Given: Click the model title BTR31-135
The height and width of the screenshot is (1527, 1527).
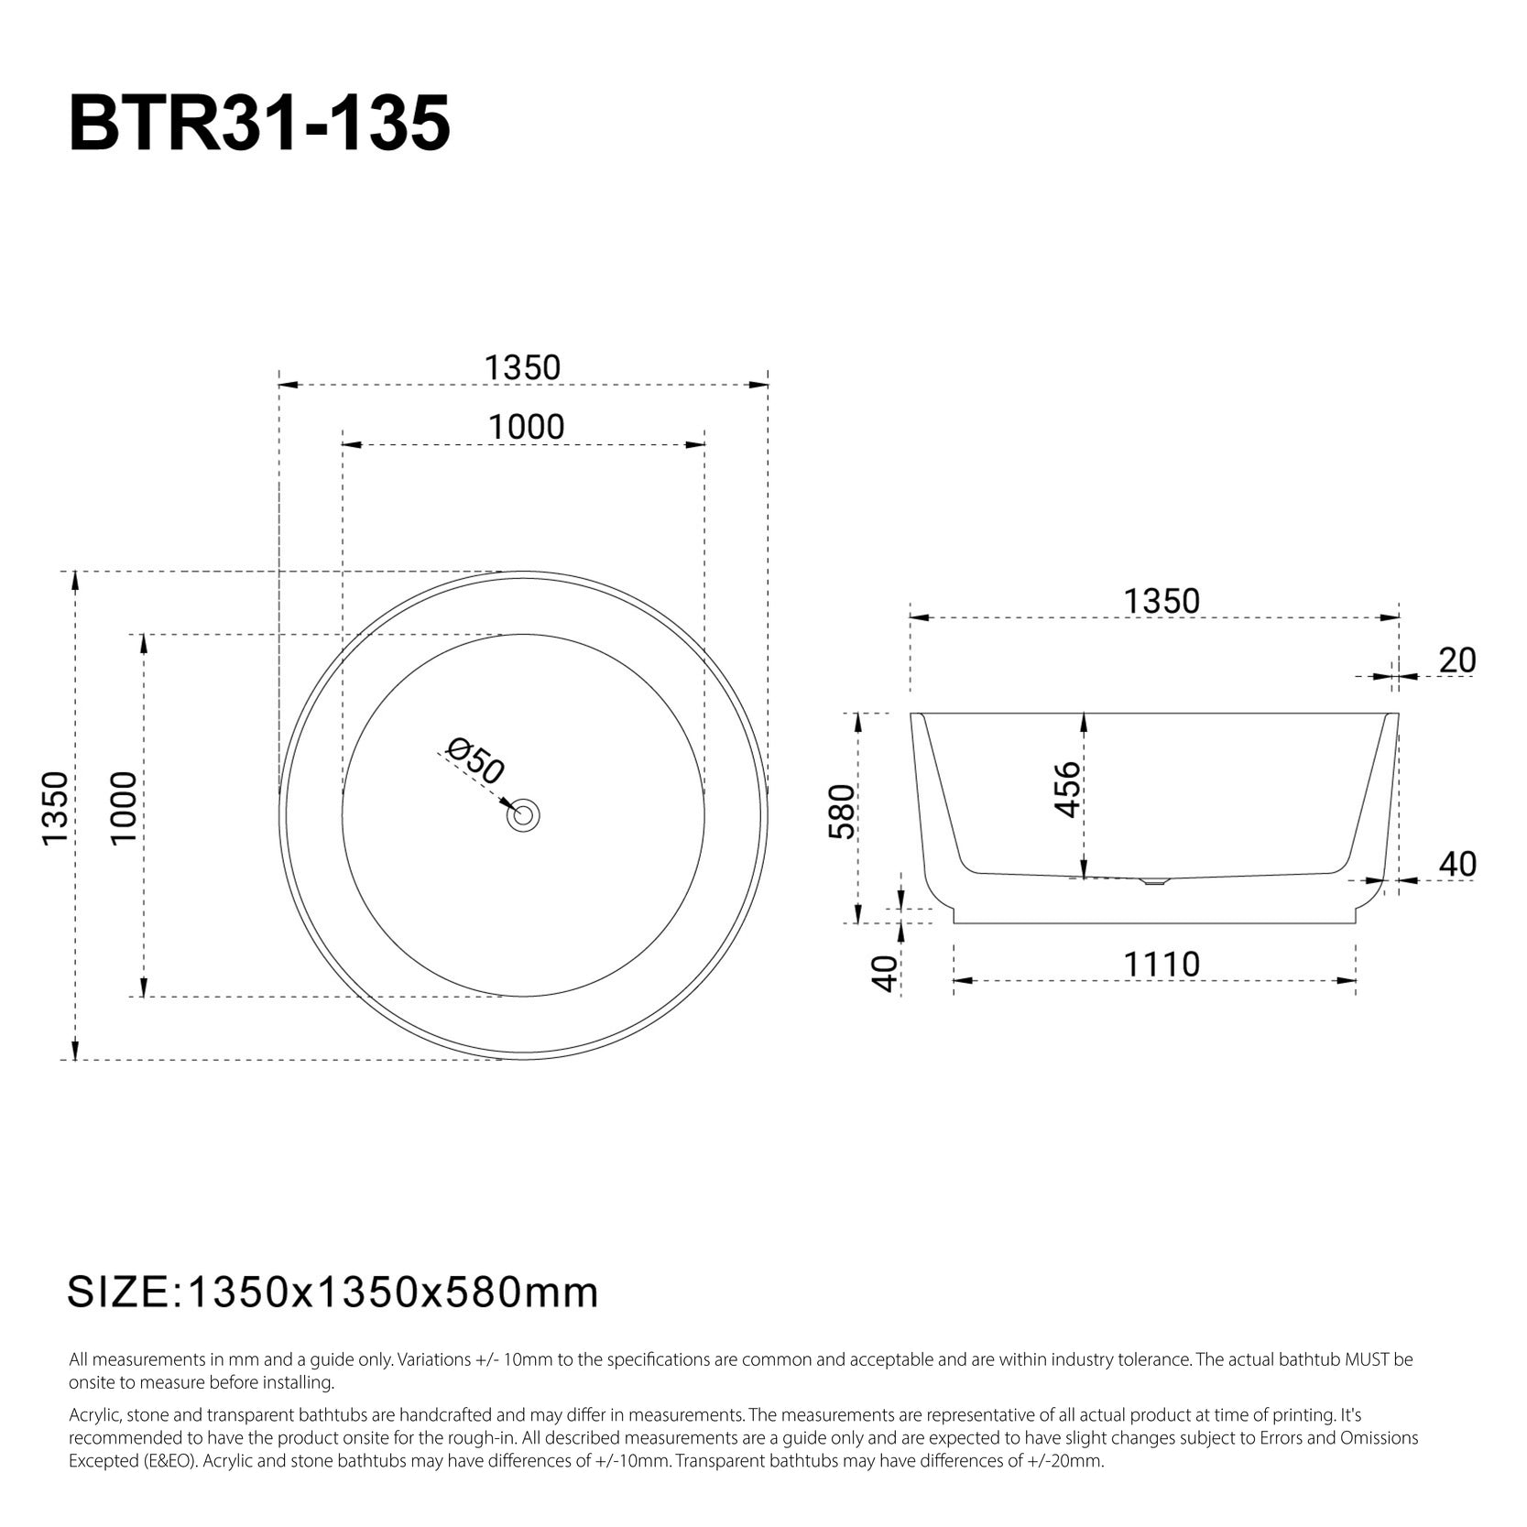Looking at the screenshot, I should tap(259, 124).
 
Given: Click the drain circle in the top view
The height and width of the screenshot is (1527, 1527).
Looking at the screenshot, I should tap(525, 814).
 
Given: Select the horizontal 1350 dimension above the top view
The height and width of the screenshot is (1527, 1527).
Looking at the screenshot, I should tap(522, 367).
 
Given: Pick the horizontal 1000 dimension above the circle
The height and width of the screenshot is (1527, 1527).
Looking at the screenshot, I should tap(526, 427).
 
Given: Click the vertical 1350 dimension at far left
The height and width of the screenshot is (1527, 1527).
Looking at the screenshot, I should tap(55, 809).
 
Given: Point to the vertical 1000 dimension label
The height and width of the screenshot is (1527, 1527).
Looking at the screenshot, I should tap(123, 809).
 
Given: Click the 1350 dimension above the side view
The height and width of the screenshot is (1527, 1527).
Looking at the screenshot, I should tap(1161, 601).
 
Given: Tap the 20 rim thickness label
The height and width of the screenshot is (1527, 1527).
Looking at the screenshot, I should tap(1457, 660).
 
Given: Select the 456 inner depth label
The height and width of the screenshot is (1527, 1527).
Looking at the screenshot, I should tap(1068, 790).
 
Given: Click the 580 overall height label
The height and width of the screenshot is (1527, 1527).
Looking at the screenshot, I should tap(841, 812).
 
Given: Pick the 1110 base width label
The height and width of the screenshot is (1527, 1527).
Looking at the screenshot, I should tap(1162, 965).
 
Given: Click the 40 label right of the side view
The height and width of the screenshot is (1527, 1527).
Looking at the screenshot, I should tap(1457, 864).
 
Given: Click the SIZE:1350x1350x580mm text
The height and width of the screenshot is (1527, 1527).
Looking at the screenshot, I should tap(333, 1292).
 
